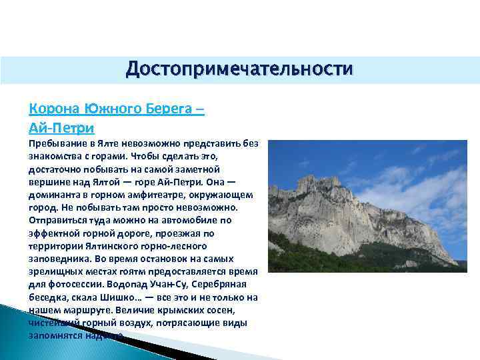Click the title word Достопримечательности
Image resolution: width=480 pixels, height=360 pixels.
[239, 69]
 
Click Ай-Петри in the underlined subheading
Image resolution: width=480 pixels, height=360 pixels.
[62, 126]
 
